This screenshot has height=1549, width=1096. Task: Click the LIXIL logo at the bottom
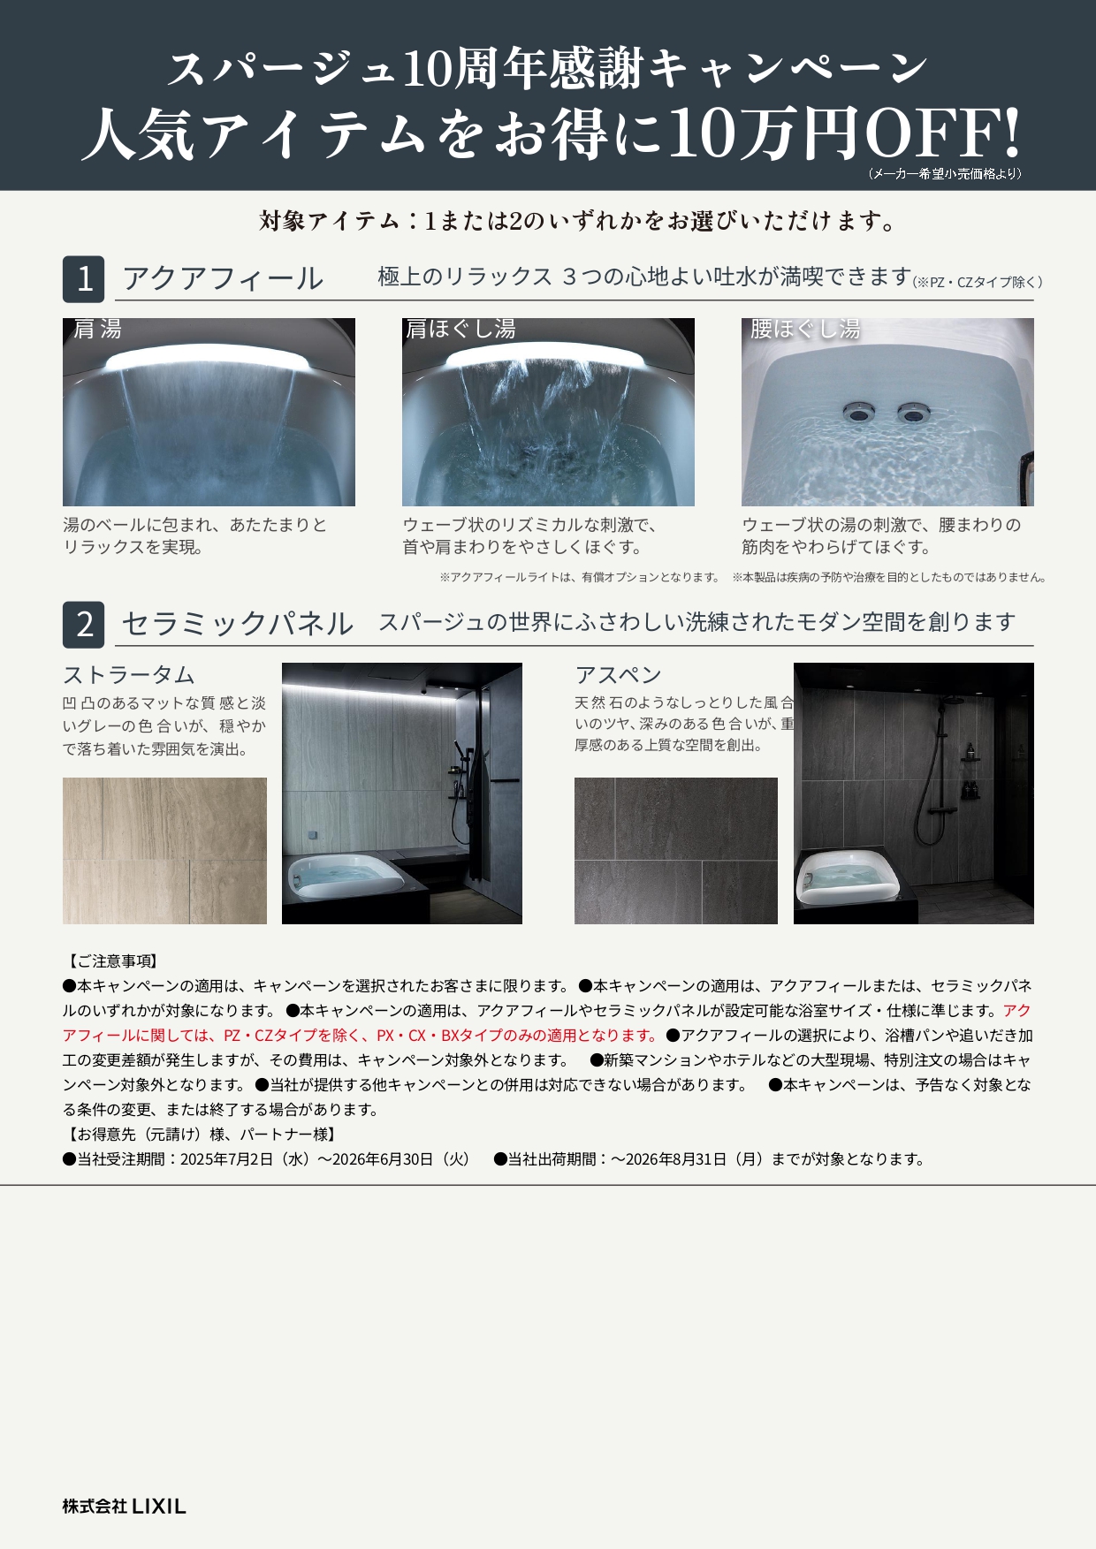click(124, 1507)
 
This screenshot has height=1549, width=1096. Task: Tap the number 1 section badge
click(84, 279)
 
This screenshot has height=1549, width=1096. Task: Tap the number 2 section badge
click(84, 625)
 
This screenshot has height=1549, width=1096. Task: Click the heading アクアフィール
click(223, 278)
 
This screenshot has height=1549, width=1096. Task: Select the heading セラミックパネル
click(237, 624)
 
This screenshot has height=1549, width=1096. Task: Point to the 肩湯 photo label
click(97, 330)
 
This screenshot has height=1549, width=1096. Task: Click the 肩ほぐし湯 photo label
click(460, 330)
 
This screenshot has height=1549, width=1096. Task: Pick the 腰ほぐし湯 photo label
click(805, 330)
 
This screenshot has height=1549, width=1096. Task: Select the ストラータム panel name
click(129, 675)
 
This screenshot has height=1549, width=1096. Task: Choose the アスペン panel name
click(619, 675)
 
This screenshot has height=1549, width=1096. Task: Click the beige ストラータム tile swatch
click(164, 851)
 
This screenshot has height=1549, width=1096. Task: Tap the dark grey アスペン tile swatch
click(676, 851)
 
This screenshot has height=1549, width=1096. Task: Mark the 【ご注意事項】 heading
click(110, 961)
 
